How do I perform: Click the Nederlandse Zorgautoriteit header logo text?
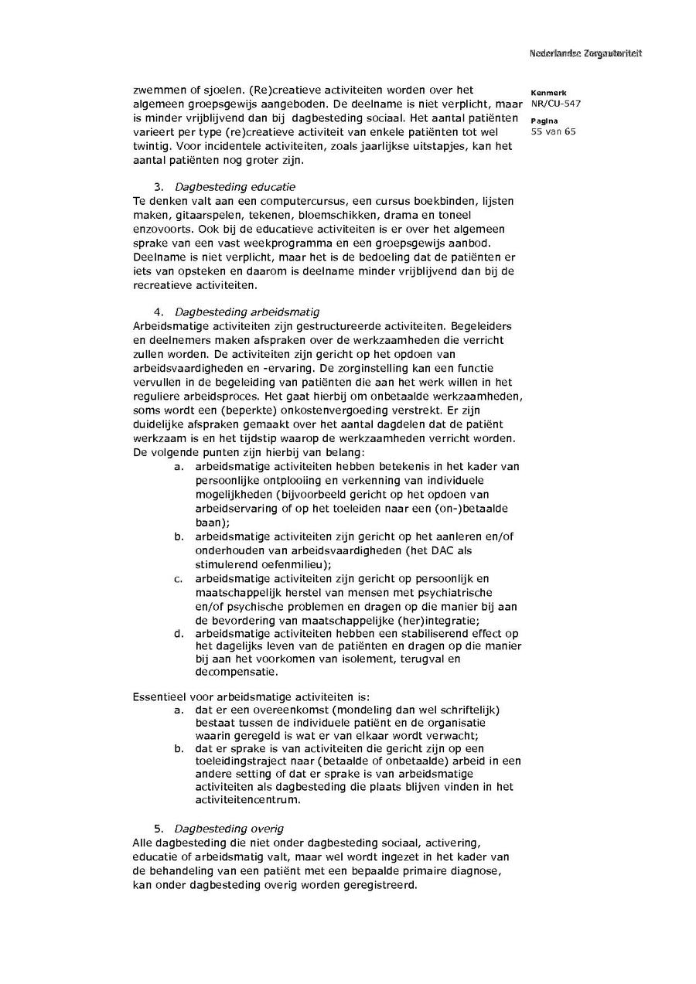585,53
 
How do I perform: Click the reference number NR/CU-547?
556,104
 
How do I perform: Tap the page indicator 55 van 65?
554,131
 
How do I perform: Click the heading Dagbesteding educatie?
234,187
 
